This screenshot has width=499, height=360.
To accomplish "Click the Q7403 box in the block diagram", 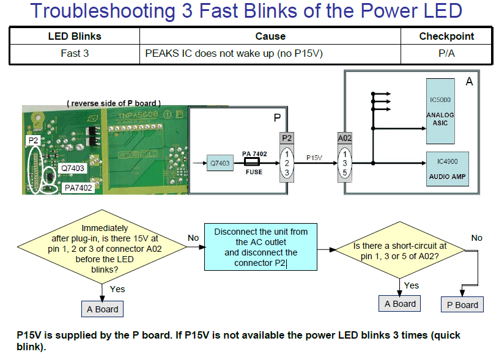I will coord(220,163).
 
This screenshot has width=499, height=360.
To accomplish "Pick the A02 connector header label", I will coord(345,138).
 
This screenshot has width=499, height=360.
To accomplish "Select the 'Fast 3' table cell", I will coord(75,54).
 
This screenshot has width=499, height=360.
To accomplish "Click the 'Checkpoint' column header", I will coord(446,36).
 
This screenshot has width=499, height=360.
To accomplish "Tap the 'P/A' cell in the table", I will coord(446,54).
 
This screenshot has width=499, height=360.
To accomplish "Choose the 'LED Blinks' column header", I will coord(75,36).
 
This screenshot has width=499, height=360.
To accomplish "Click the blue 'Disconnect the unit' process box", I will coord(261,248).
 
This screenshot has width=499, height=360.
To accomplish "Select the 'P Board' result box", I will coord(462,305).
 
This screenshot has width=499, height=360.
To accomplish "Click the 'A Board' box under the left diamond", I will coord(102,309).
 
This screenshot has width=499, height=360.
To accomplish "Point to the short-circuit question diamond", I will coord(400,251).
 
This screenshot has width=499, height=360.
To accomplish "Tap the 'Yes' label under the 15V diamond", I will coord(117,289).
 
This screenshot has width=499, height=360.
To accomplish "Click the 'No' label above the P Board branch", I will coord(477,238).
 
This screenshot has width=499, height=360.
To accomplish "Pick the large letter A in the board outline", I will coord(469,81).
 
